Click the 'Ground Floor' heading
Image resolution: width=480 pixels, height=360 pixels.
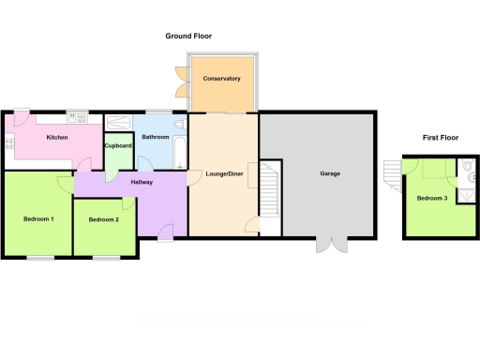pos(188,37)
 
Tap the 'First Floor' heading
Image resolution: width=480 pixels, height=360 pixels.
pos(441,138)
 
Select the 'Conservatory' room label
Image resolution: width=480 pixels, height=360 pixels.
pos(222,79)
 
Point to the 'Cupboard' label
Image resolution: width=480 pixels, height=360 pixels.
pos(117,145)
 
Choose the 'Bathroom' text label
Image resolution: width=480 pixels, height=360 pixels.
pos(155,137)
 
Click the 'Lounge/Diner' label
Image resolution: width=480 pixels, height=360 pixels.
pos(223,173)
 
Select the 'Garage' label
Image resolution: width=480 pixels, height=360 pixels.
pos(330,173)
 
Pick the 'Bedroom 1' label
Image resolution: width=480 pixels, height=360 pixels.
pos(38,219)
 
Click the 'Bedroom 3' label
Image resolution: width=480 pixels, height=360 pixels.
pos(432,198)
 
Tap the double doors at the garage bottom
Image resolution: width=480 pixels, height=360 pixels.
pos(331,245)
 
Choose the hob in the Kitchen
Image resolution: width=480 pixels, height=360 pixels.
pos(9,143)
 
